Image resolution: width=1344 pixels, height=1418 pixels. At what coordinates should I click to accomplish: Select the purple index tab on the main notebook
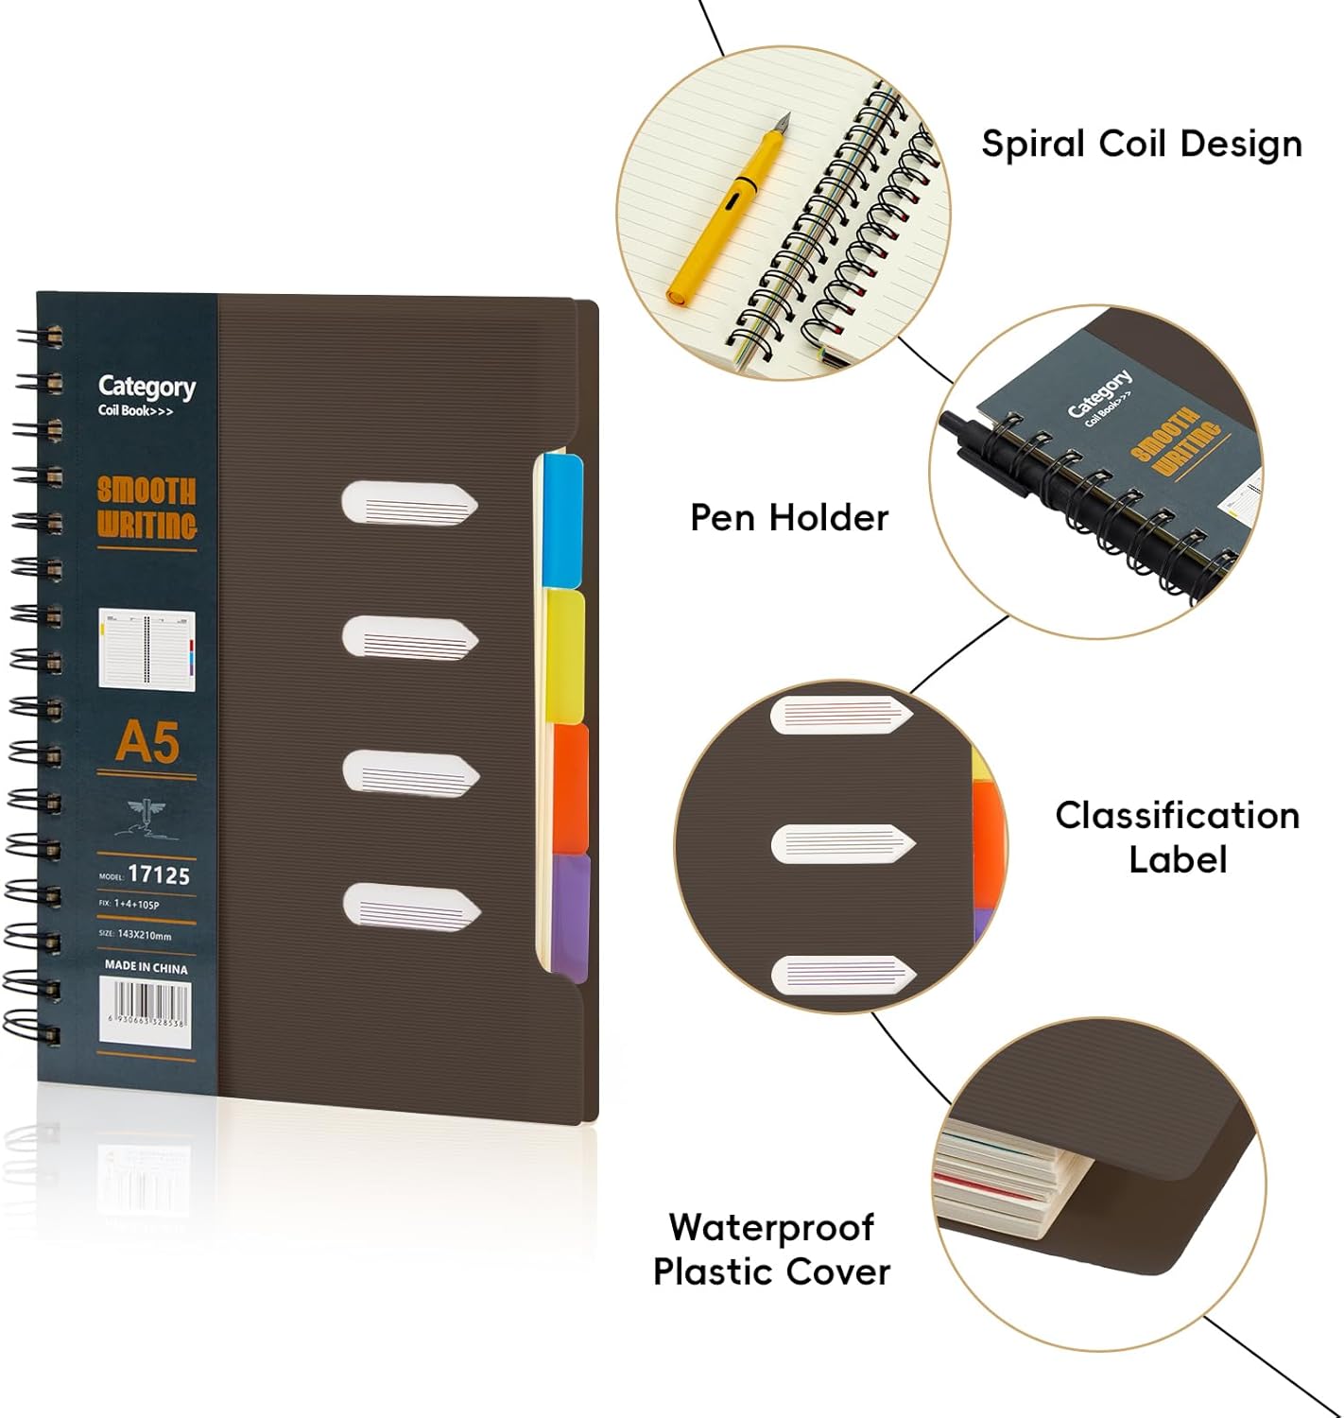569,915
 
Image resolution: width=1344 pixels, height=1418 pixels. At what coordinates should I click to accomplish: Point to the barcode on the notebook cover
146,1011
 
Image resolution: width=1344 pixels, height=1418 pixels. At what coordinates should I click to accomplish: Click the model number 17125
159,874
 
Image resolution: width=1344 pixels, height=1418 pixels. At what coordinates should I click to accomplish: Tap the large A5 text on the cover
147,742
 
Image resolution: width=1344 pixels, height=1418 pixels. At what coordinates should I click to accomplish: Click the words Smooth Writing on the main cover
147,509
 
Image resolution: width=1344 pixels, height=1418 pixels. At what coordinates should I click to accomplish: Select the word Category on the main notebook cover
146,386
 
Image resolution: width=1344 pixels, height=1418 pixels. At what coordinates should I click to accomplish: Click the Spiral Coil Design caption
1142,144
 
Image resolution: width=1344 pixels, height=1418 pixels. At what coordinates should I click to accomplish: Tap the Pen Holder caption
789,518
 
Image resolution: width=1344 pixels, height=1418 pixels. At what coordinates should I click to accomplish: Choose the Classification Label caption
1177,837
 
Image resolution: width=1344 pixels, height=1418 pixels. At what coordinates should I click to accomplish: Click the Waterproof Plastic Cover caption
771,1249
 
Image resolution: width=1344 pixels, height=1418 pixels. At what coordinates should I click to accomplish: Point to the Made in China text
146,967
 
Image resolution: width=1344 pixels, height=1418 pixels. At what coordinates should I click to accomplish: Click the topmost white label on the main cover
409,502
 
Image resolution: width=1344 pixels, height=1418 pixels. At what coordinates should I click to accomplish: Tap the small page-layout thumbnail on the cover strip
146,648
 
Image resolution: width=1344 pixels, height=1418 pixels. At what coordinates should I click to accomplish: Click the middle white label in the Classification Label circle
843,843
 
